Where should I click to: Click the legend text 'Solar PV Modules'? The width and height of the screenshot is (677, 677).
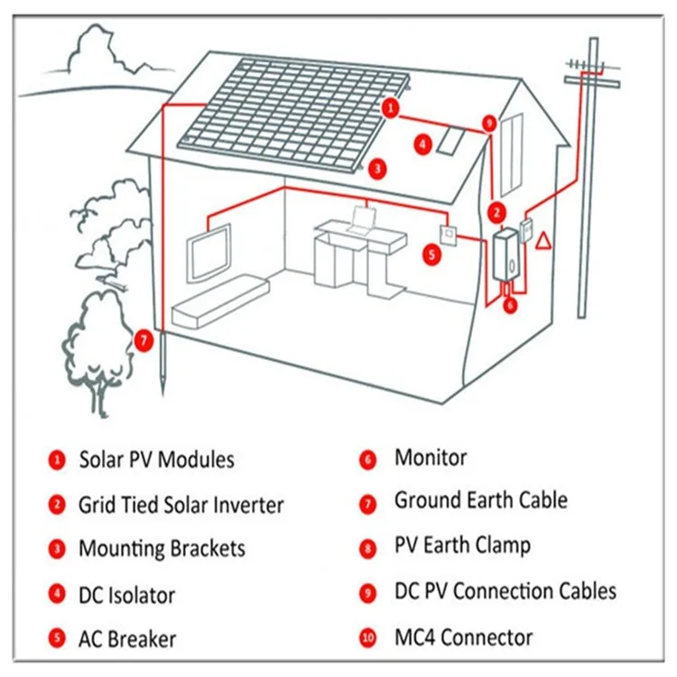point(156,459)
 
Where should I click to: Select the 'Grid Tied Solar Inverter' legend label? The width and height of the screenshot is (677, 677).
point(181,505)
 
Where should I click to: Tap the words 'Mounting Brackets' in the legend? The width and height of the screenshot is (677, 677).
point(162,548)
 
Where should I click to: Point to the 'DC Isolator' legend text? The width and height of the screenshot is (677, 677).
point(126,595)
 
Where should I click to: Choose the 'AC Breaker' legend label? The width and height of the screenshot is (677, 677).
point(127,639)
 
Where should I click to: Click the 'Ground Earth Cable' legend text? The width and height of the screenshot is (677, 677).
point(480,500)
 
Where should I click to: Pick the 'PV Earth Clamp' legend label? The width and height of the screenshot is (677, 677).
point(462,545)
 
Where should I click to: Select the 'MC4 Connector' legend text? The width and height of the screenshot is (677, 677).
point(463,636)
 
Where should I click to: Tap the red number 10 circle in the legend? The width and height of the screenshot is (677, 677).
point(367,638)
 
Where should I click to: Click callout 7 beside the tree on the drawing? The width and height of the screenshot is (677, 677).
point(143,340)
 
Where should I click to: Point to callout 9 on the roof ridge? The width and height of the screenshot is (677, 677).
point(489,123)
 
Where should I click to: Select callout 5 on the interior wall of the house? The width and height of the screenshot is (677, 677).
point(432,255)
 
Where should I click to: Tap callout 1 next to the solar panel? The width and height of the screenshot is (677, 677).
point(390,108)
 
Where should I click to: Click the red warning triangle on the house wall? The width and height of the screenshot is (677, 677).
point(543,241)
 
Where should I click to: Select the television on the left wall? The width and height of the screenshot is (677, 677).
point(210,248)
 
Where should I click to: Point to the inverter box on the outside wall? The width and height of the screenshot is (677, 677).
point(505,255)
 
